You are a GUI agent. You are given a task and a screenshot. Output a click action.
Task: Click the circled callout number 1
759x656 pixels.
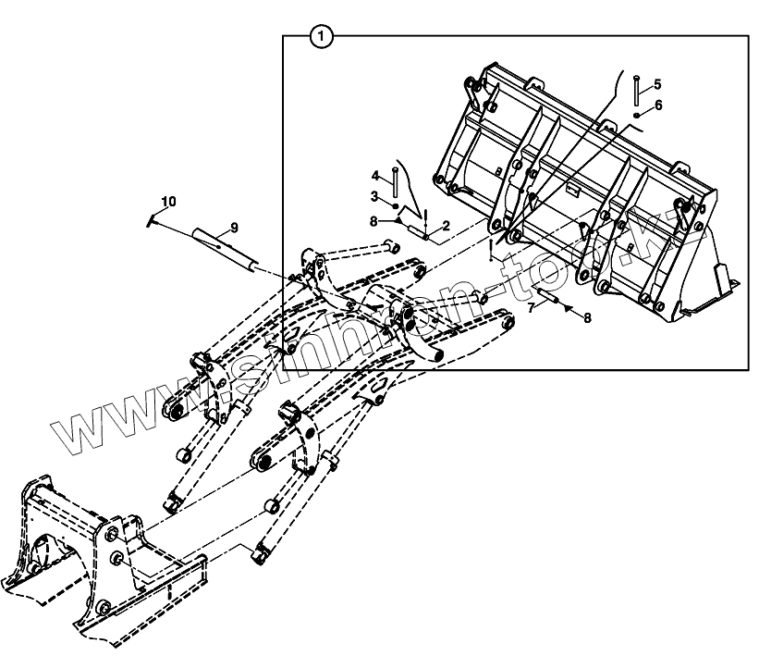pyautogui.click(x=320, y=37)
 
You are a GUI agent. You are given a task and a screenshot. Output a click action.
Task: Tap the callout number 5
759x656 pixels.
pyautogui.click(x=657, y=84)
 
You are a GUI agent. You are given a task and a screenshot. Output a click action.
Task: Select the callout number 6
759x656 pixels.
pyautogui.click(x=658, y=105)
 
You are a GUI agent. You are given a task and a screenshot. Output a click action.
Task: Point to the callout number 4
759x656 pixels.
pyautogui.click(x=376, y=176)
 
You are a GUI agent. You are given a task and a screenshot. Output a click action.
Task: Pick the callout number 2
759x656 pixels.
pyautogui.click(x=446, y=226)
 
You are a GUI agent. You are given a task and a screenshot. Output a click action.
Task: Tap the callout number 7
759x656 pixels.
pyautogui.click(x=532, y=307)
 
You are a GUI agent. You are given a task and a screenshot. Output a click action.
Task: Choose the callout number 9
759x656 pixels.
pyautogui.click(x=234, y=227)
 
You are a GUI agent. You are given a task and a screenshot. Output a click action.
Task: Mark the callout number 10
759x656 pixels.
pyautogui.click(x=167, y=201)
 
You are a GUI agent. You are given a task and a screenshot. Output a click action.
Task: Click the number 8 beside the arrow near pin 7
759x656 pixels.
pyautogui.click(x=586, y=318)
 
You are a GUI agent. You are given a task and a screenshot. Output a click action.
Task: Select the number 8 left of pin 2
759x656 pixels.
pyautogui.click(x=373, y=221)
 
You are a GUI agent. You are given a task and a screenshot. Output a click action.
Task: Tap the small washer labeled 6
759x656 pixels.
pyautogui.click(x=638, y=114)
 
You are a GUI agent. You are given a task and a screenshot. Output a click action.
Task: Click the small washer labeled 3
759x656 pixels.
pyautogui.click(x=395, y=204)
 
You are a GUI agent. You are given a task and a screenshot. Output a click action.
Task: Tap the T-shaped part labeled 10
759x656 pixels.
pyautogui.click(x=152, y=219)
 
